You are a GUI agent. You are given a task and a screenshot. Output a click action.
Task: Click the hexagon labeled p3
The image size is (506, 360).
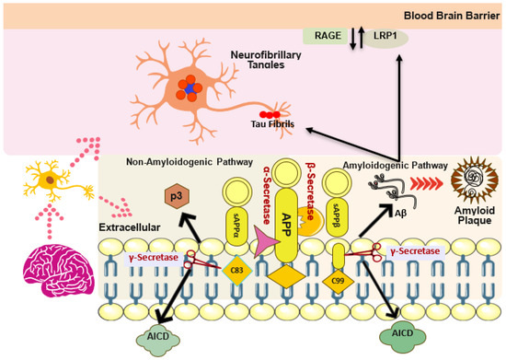pos(172,197)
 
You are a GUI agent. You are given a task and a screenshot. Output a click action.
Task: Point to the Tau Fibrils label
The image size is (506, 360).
pos(288,124)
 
